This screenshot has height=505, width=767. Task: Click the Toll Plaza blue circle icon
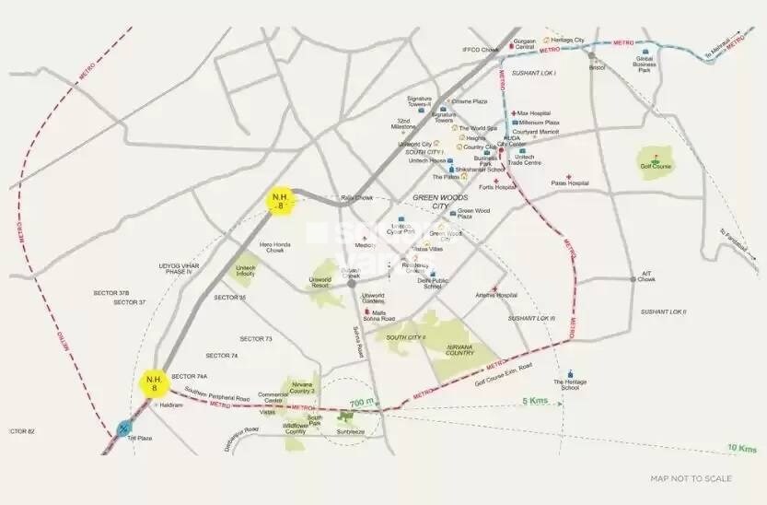[123, 428]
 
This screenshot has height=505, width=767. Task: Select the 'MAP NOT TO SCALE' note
[691, 478]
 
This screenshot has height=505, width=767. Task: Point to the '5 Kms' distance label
[536, 401]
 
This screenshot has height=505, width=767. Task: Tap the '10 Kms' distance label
[742, 449]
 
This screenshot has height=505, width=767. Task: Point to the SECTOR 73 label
[256, 339]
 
